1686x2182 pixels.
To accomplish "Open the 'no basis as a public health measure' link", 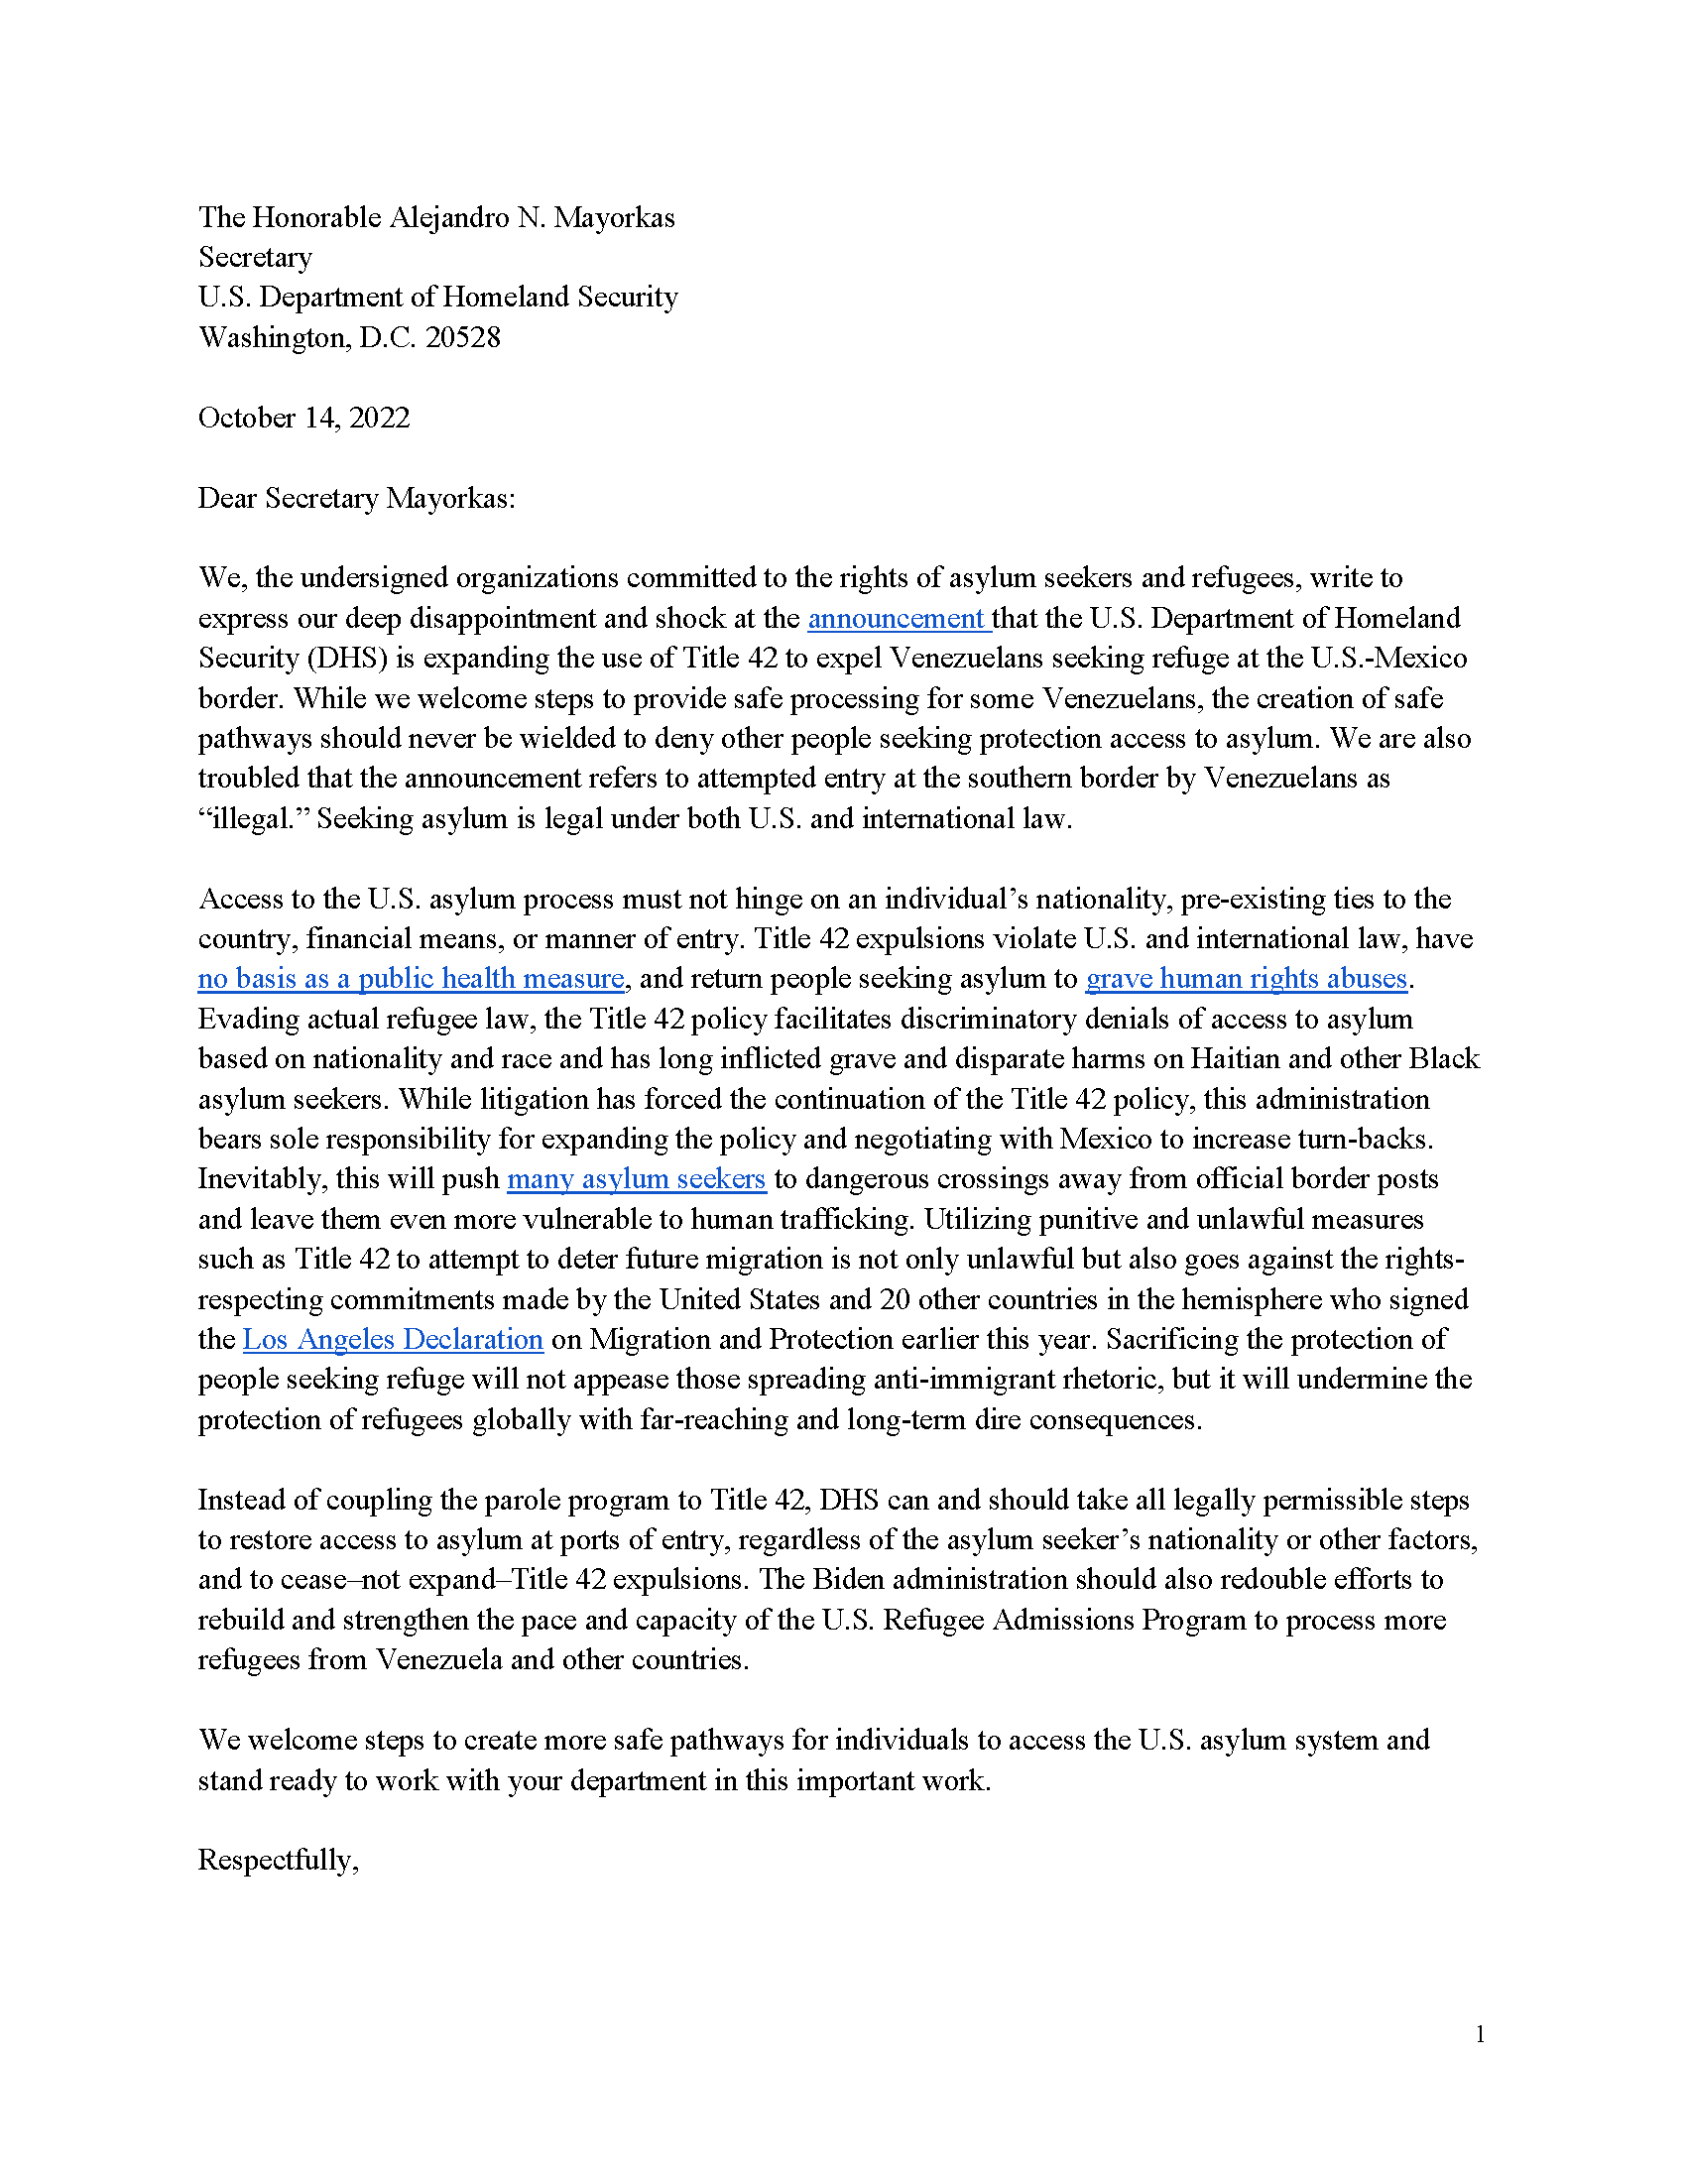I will click(411, 978).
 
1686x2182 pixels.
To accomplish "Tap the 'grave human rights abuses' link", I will click(1246, 978).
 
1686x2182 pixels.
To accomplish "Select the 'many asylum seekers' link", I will click(637, 1179).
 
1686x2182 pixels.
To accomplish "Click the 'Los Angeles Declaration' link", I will click(393, 1339).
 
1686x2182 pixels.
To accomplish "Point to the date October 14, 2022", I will click(303, 418).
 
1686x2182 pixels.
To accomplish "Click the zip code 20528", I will click(462, 337).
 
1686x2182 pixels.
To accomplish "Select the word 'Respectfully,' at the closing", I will click(278, 1860).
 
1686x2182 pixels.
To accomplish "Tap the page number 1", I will click(1480, 2034).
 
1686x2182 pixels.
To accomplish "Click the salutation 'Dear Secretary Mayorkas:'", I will click(357, 498).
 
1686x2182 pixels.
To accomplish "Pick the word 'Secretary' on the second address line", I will click(255, 258).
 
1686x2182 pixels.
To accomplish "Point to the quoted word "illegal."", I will click(254, 819).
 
